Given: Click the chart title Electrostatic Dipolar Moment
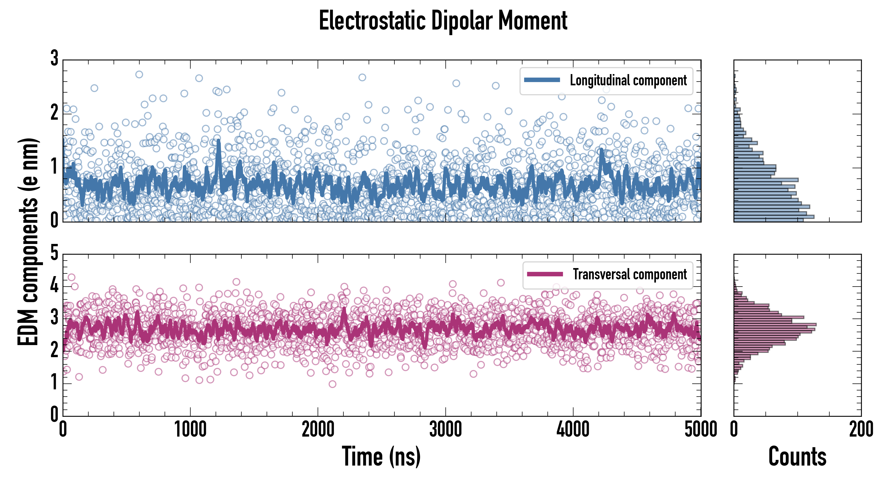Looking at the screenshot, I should tap(443, 21).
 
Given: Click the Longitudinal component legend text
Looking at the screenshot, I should tap(628, 80).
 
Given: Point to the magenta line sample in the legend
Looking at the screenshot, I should tap(545, 274).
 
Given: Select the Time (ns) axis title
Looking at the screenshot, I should tap(381, 456).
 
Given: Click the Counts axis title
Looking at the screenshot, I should tap(797, 456).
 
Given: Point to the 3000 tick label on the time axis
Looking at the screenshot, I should tap(445, 430).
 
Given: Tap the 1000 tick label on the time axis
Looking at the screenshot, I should tap(190, 430).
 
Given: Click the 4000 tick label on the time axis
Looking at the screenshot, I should tap(573, 430).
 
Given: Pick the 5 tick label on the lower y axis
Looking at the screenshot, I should tap(54, 254).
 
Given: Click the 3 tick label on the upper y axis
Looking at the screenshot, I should tap(54, 59).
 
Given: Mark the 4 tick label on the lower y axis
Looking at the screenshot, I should tap(54, 285).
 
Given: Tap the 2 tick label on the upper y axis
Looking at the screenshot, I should tap(54, 113).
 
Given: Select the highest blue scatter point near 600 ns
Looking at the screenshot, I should tap(139, 75).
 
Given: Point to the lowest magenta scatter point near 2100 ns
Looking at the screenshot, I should tap(332, 384).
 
